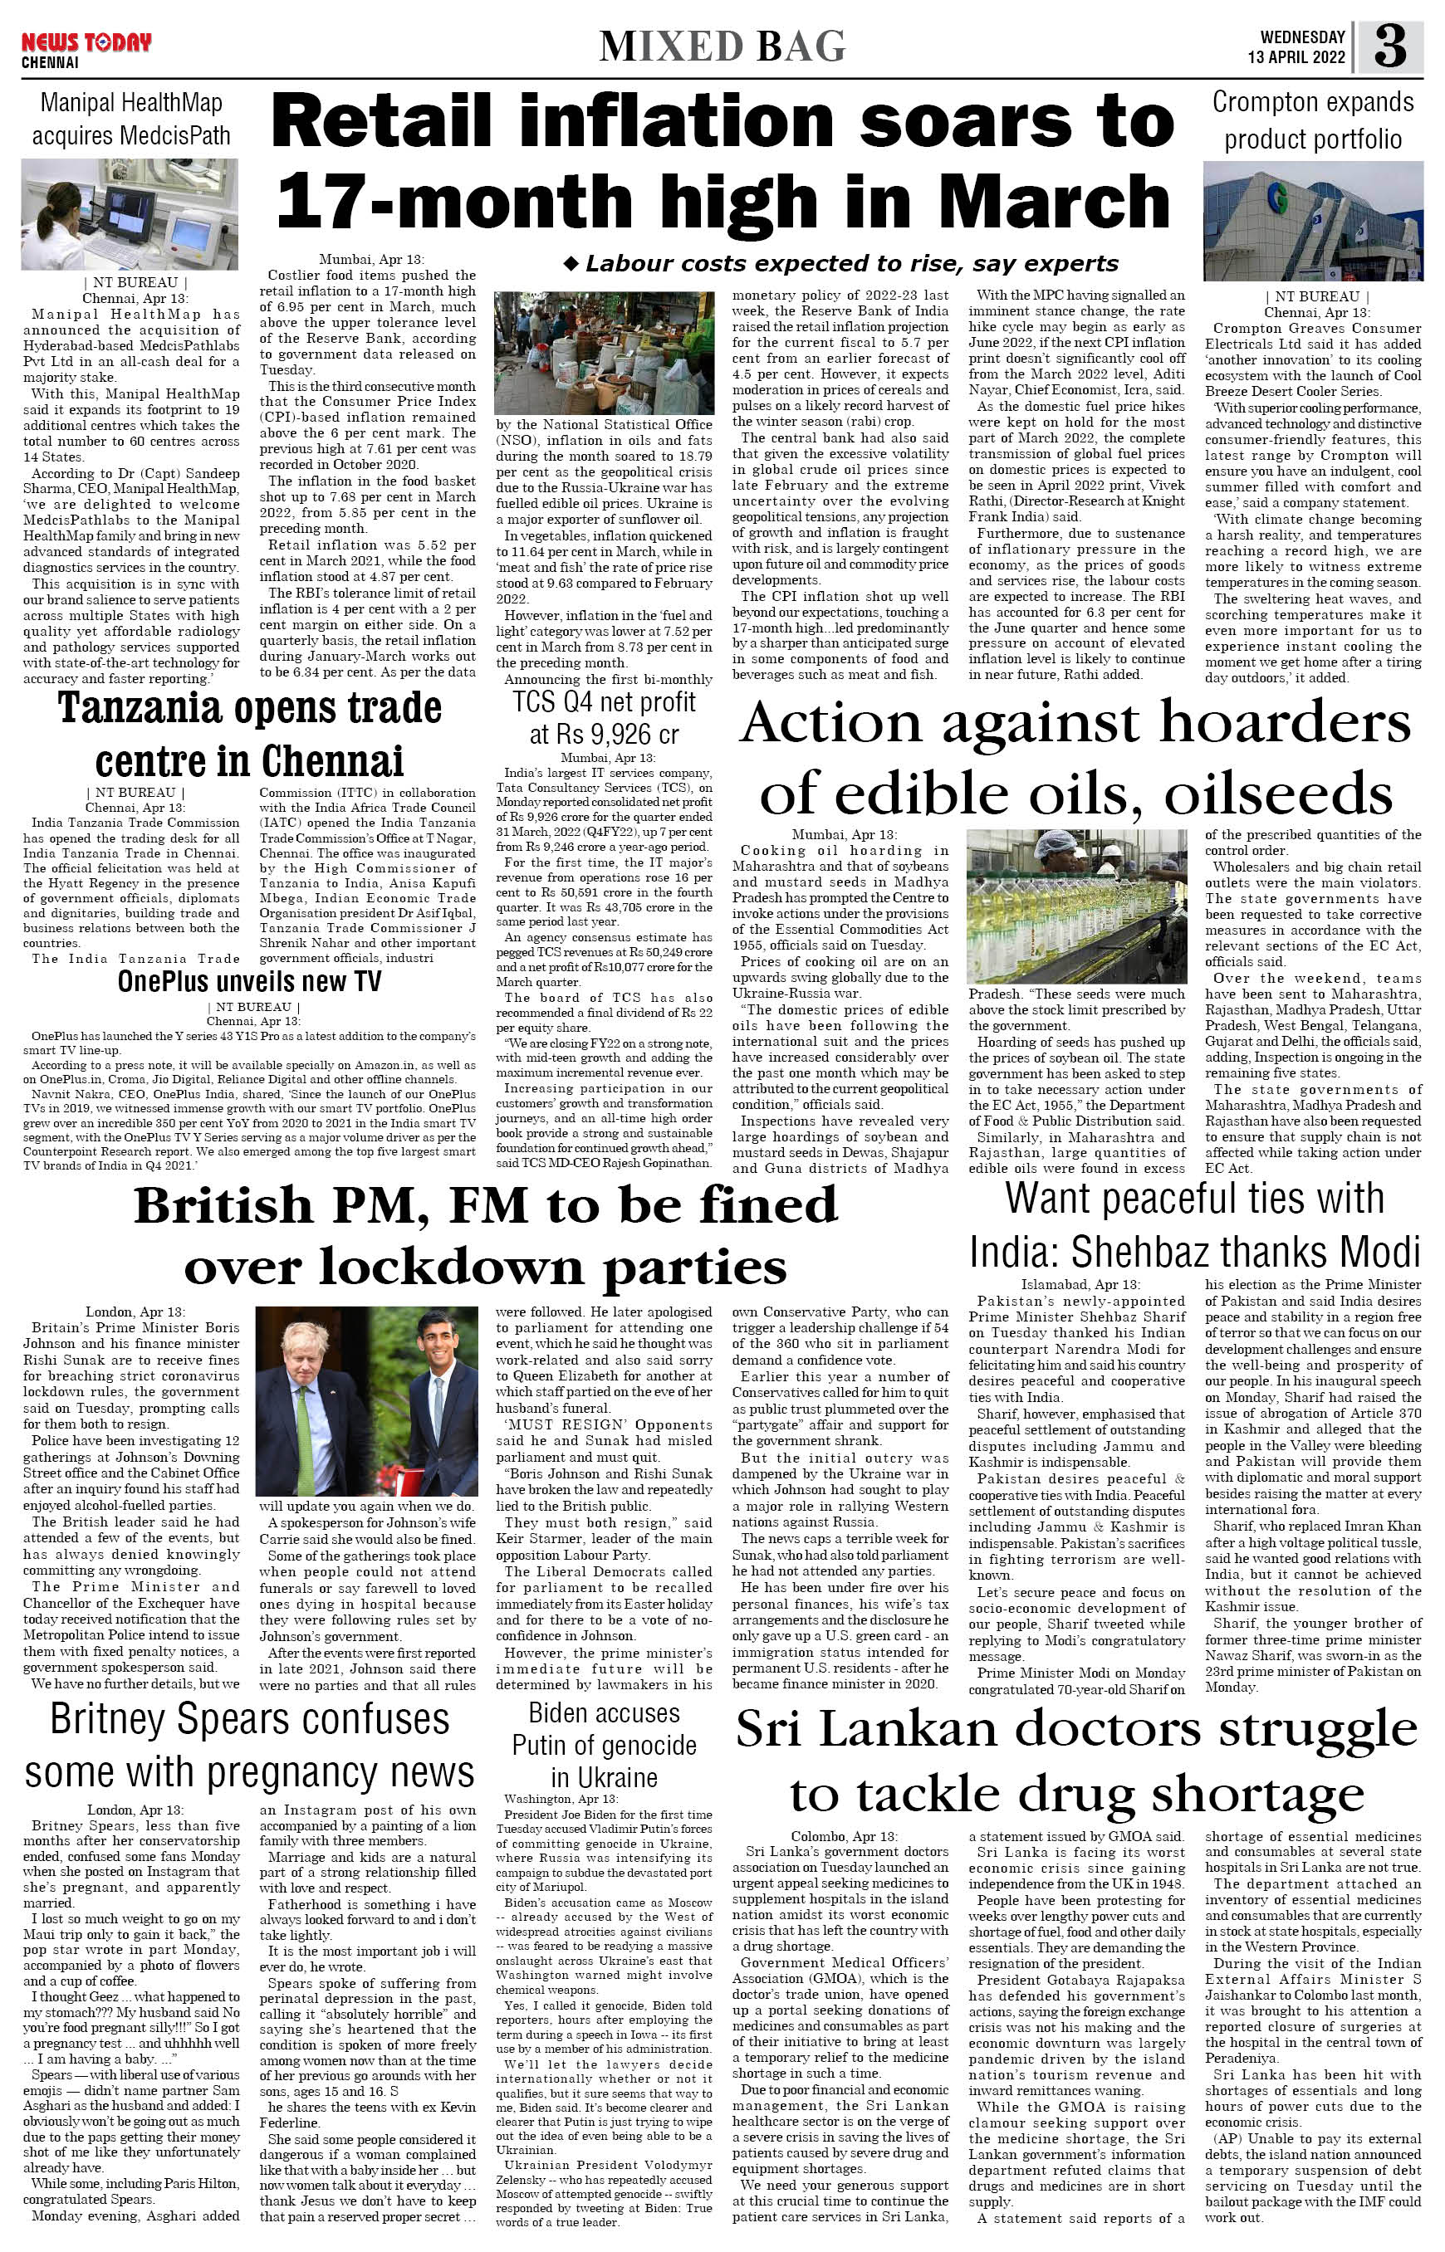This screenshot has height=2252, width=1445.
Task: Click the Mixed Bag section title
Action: pyautogui.click(x=722, y=46)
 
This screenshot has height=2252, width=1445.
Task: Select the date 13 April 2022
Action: pyautogui.click(x=1296, y=57)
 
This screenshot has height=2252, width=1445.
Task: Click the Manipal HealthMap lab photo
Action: pyautogui.click(x=130, y=215)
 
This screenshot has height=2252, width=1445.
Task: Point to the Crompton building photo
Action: pyautogui.click(x=1313, y=222)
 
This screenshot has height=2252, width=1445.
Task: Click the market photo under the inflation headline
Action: pyautogui.click(x=604, y=353)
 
